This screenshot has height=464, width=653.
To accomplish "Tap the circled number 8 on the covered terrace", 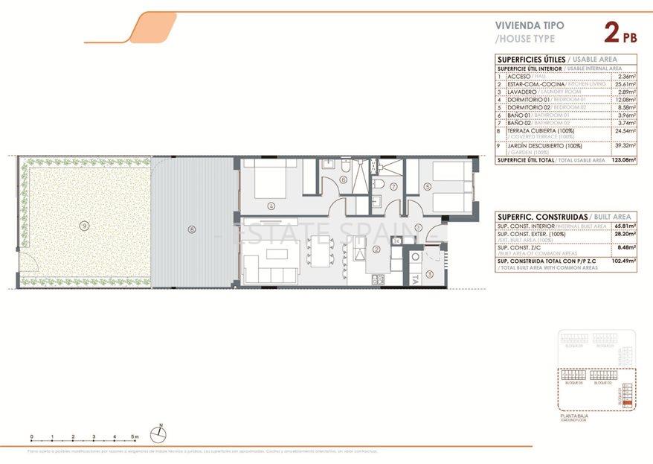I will coord(192,229).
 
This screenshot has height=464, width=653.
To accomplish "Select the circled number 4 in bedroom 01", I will coord(272,206).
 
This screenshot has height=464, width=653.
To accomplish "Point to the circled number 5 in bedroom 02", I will coord(428,187).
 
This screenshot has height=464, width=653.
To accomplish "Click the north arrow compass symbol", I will coord(161,429).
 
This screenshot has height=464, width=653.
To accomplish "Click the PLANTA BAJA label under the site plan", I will coord(572,416).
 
